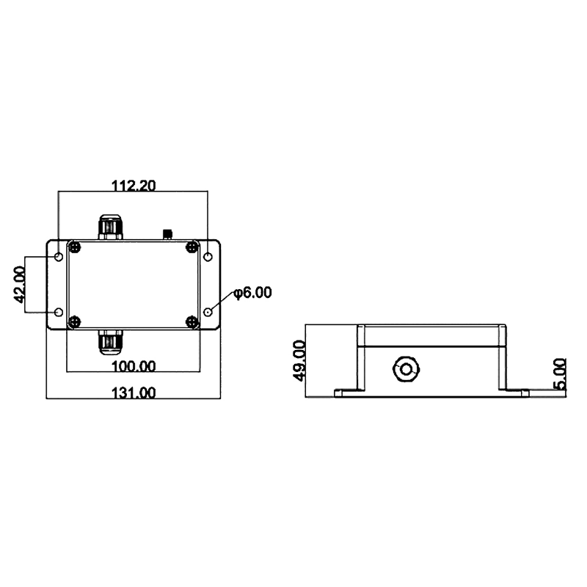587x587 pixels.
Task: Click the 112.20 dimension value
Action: [134, 186]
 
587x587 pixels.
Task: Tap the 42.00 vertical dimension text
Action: [19, 285]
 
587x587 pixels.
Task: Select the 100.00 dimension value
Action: [134, 366]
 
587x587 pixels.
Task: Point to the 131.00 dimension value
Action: [134, 393]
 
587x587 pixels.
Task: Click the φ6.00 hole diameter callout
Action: [252, 292]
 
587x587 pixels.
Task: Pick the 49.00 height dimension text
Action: [299, 360]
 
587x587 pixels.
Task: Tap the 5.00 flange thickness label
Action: [560, 374]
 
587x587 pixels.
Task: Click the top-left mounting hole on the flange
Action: [59, 257]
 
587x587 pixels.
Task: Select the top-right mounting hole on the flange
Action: [208, 257]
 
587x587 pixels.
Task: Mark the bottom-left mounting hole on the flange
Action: [59, 313]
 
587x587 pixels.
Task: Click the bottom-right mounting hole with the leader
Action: [208, 313]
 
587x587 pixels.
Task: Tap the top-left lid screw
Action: [76, 247]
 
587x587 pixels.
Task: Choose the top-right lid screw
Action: [192, 247]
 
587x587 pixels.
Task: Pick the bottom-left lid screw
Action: [76, 321]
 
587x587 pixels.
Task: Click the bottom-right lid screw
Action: [192, 321]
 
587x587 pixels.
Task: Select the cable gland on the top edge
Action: [110, 227]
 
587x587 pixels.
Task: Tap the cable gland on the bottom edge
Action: [110, 342]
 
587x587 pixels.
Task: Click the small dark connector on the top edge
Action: [168, 234]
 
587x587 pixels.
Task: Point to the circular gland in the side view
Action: [406, 369]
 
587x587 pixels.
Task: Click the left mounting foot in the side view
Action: [350, 393]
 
